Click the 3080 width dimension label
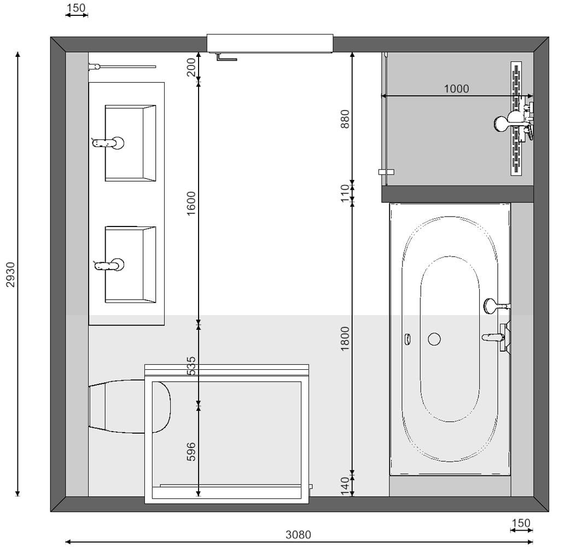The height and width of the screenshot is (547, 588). click(x=298, y=534)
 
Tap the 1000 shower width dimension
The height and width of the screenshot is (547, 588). click(x=456, y=89)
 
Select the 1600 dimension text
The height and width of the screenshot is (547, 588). click(x=191, y=203)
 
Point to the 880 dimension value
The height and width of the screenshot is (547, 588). click(x=345, y=119)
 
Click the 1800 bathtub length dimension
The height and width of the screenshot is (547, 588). click(x=345, y=339)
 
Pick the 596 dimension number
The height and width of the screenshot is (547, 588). click(x=191, y=452)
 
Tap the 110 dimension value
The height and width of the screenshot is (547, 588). click(x=345, y=194)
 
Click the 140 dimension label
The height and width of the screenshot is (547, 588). click(x=345, y=486)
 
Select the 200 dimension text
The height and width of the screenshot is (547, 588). click(x=191, y=67)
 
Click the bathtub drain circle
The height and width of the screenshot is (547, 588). click(x=434, y=339)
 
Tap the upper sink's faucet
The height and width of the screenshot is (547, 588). click(x=108, y=143)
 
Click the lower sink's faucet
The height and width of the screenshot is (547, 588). click(x=109, y=265)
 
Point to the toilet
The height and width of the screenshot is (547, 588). click(x=130, y=406)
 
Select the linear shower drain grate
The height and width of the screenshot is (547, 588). click(x=516, y=119)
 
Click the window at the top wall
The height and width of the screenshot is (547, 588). click(x=270, y=44)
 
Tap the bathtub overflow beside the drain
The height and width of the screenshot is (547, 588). click(x=407, y=339)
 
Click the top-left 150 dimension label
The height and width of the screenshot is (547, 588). click(x=76, y=8)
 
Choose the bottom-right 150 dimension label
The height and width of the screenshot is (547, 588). click(x=521, y=522)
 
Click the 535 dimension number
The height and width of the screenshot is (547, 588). click(x=191, y=366)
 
